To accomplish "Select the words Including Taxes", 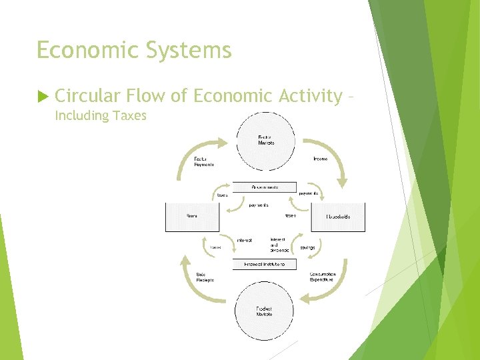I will pos(100,116).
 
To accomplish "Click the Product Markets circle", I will pos(265,311).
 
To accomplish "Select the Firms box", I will pos(191,217).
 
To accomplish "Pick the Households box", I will pos(337,217).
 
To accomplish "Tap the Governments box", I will pos(265,187).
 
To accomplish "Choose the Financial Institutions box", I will pos(265,265).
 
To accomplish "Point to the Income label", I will pos(320,159).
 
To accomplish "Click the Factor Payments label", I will pos(203,161).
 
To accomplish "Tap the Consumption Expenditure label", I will pos(323,277).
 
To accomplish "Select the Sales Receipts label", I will pos(205,277).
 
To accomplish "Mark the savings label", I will pos(307,247).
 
